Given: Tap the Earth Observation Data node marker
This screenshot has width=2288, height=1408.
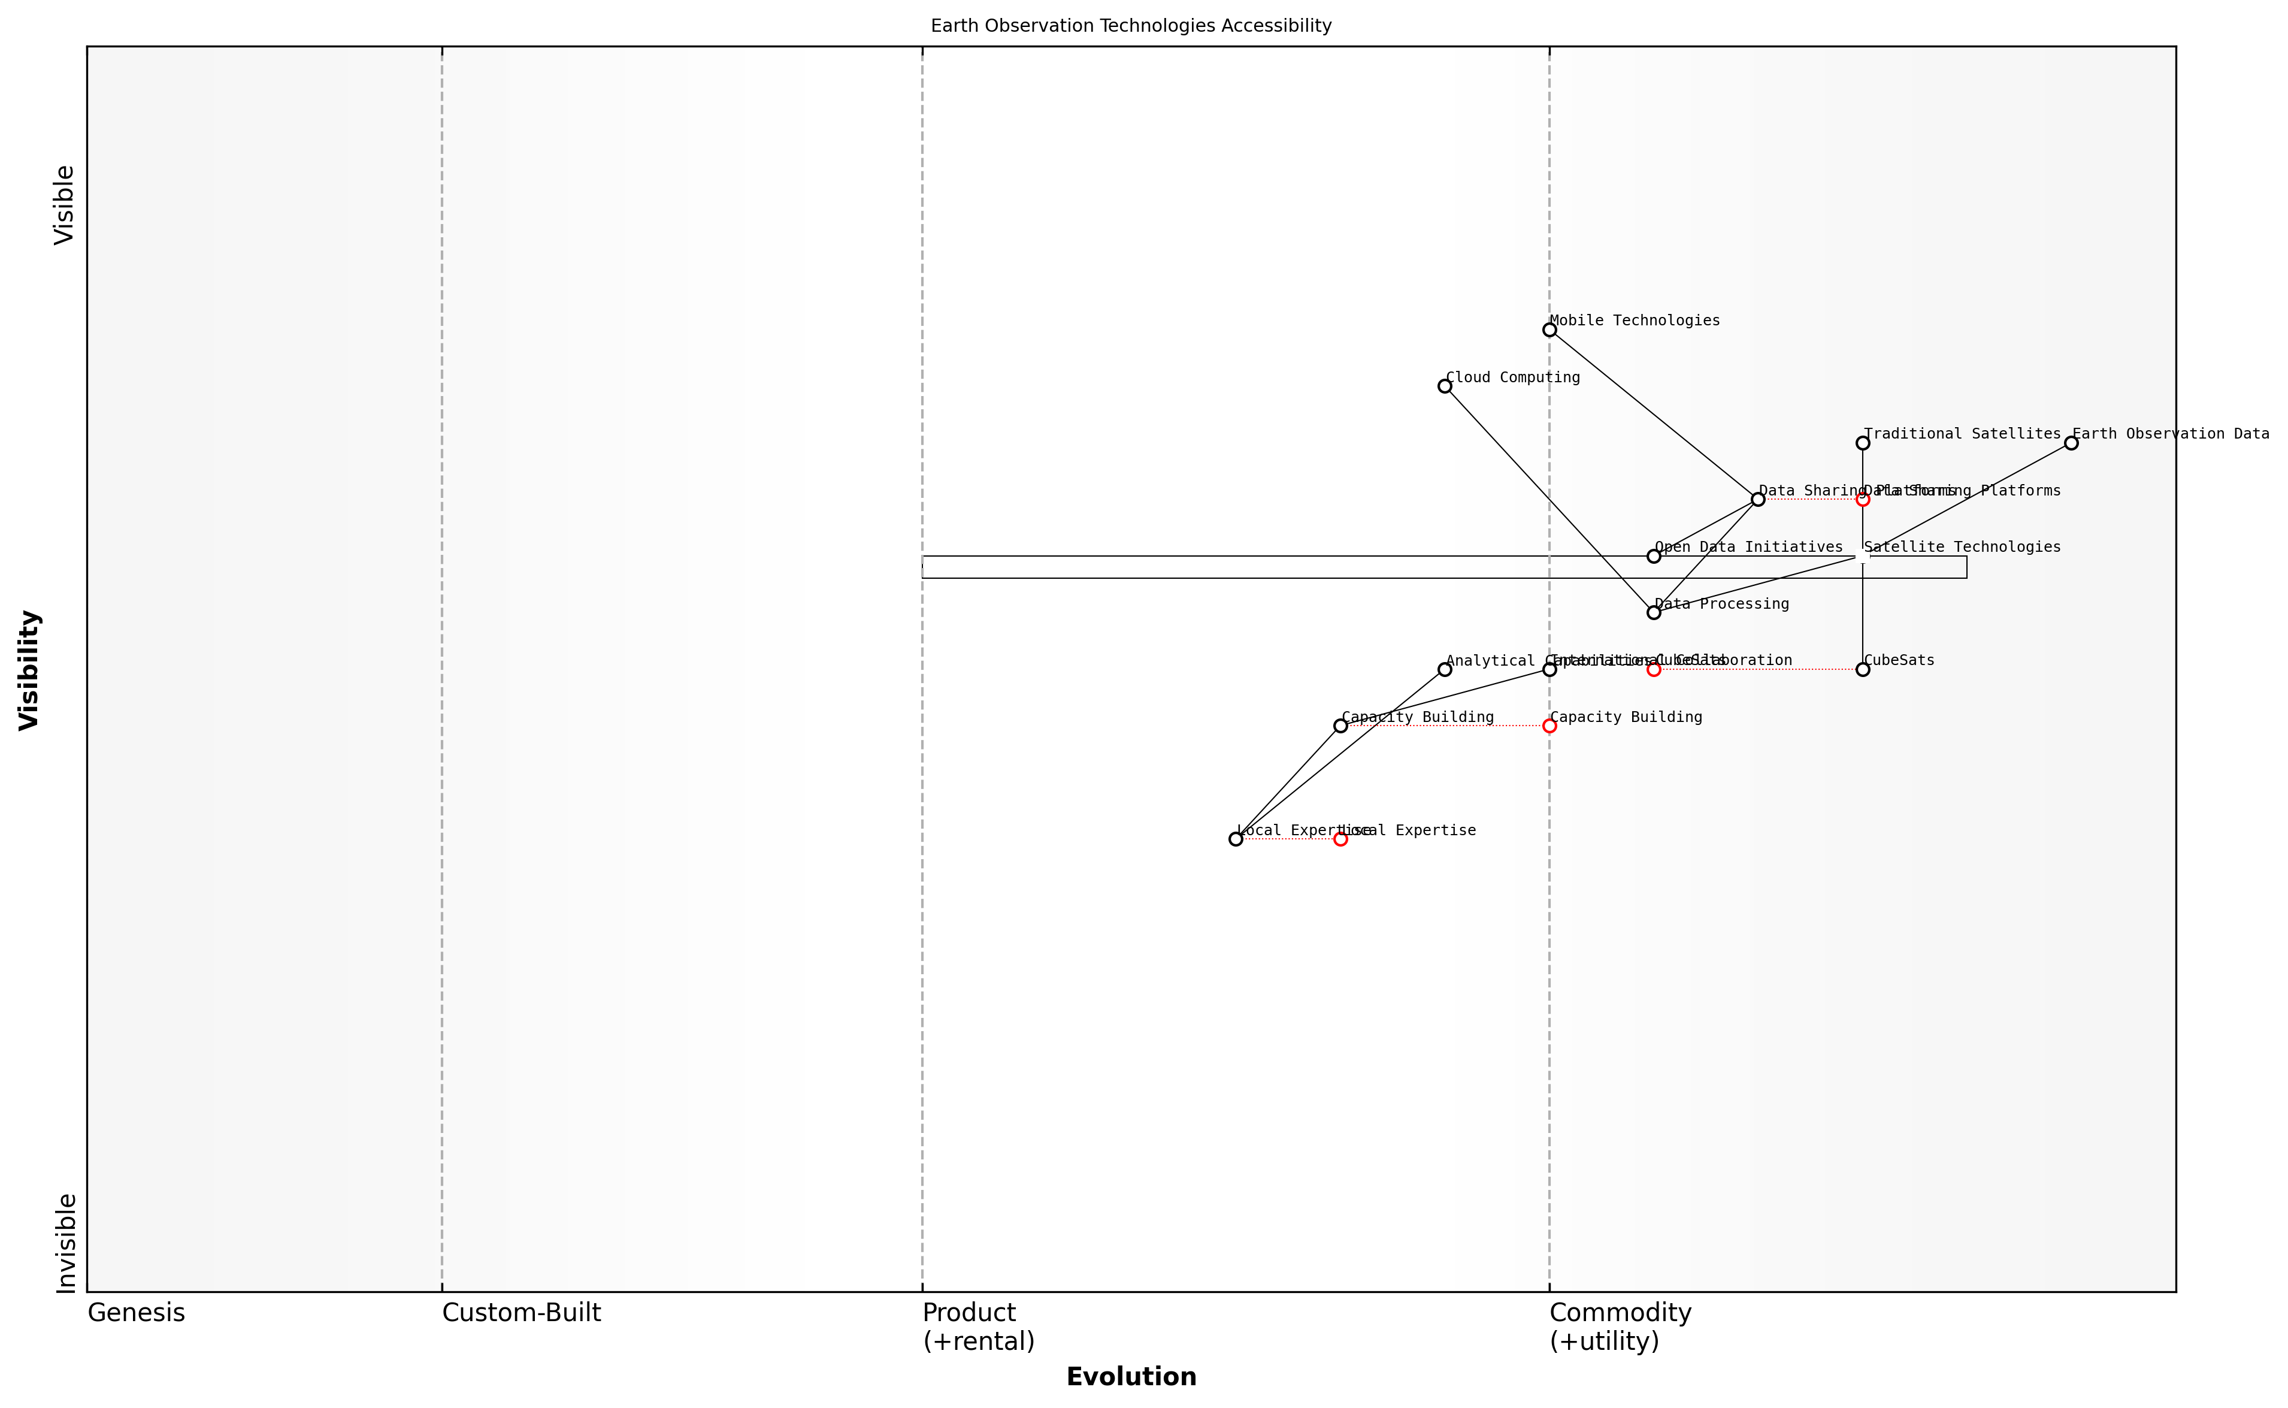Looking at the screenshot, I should pos(2071,443).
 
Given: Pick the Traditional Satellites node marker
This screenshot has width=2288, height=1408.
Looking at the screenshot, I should pos(1863,443).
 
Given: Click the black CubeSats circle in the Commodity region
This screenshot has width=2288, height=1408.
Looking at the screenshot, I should pos(1863,669).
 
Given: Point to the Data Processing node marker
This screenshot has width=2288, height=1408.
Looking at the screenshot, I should pos(1654,613).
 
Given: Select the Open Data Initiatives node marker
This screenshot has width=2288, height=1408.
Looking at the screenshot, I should pos(1654,556).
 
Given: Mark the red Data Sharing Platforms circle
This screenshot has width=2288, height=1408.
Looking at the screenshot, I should pos(1863,500).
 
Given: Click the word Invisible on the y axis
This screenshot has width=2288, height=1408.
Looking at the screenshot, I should pos(65,1243).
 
